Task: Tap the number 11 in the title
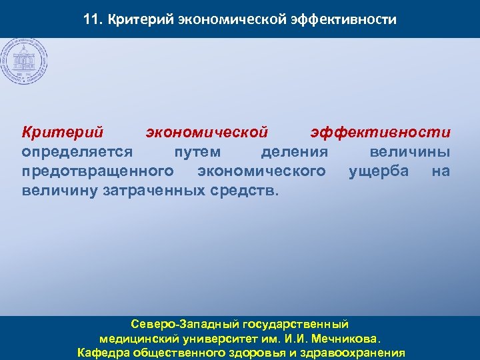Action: pos(92,19)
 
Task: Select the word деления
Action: pos(294,152)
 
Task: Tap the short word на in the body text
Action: pos(440,171)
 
